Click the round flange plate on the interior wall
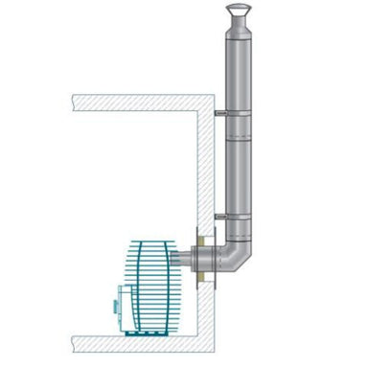pos(193,259)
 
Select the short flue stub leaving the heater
pos(182,259)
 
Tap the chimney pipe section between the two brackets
pos(236,163)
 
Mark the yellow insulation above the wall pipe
pos(204,234)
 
